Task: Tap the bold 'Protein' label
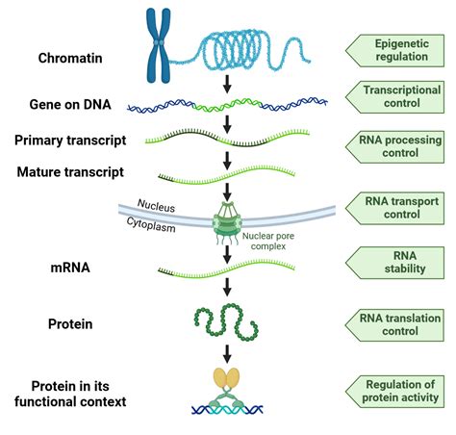tap(70, 324)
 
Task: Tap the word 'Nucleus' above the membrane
tap(156, 205)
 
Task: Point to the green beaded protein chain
tap(229, 323)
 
